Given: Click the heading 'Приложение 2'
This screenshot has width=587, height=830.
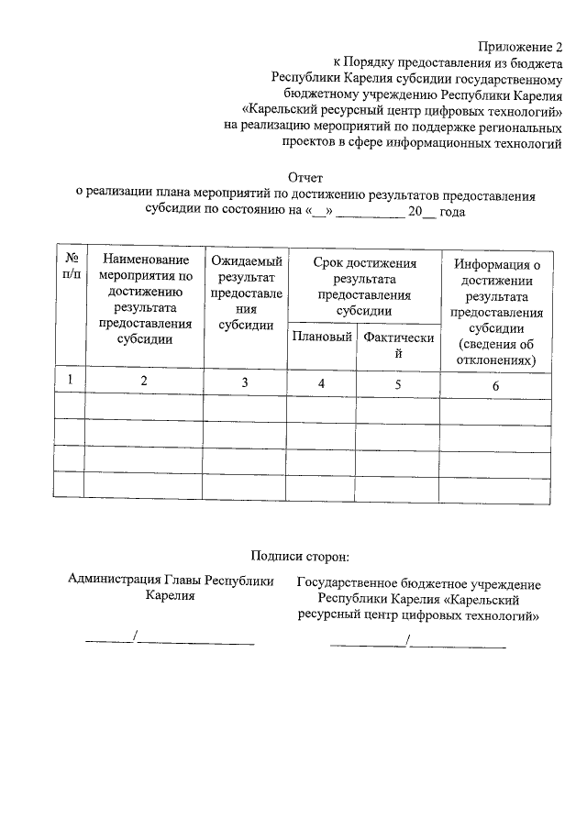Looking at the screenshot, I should (x=519, y=47).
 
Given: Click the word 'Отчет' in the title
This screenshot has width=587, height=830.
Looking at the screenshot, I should (x=305, y=178).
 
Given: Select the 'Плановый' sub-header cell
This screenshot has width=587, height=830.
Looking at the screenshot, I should (x=322, y=338).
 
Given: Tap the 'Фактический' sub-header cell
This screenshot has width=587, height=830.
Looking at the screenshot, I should (x=398, y=345).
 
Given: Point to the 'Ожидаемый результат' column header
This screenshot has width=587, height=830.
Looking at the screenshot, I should (x=246, y=293).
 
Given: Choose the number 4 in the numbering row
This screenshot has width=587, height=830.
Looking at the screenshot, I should (x=322, y=383).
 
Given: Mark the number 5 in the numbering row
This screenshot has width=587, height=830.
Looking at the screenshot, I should (x=398, y=384).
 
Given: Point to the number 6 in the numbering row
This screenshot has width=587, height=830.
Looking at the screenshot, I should (x=495, y=386).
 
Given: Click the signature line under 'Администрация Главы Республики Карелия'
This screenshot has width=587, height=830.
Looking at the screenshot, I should (x=170, y=638).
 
